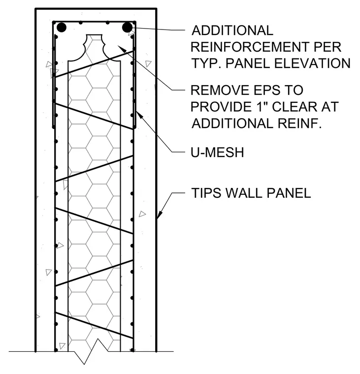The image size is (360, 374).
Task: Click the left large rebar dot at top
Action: (62, 28)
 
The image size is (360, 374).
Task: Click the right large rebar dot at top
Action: (127, 28)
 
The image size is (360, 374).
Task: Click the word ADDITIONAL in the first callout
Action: (232, 31)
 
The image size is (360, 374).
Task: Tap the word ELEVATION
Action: (312, 63)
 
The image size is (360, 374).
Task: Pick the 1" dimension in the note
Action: (261, 106)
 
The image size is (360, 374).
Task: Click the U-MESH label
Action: (217, 152)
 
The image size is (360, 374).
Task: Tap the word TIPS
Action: (206, 193)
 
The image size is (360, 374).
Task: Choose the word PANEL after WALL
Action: (289, 193)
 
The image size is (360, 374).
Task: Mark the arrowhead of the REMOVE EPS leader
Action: (122, 49)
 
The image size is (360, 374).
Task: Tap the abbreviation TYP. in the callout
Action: (206, 63)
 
